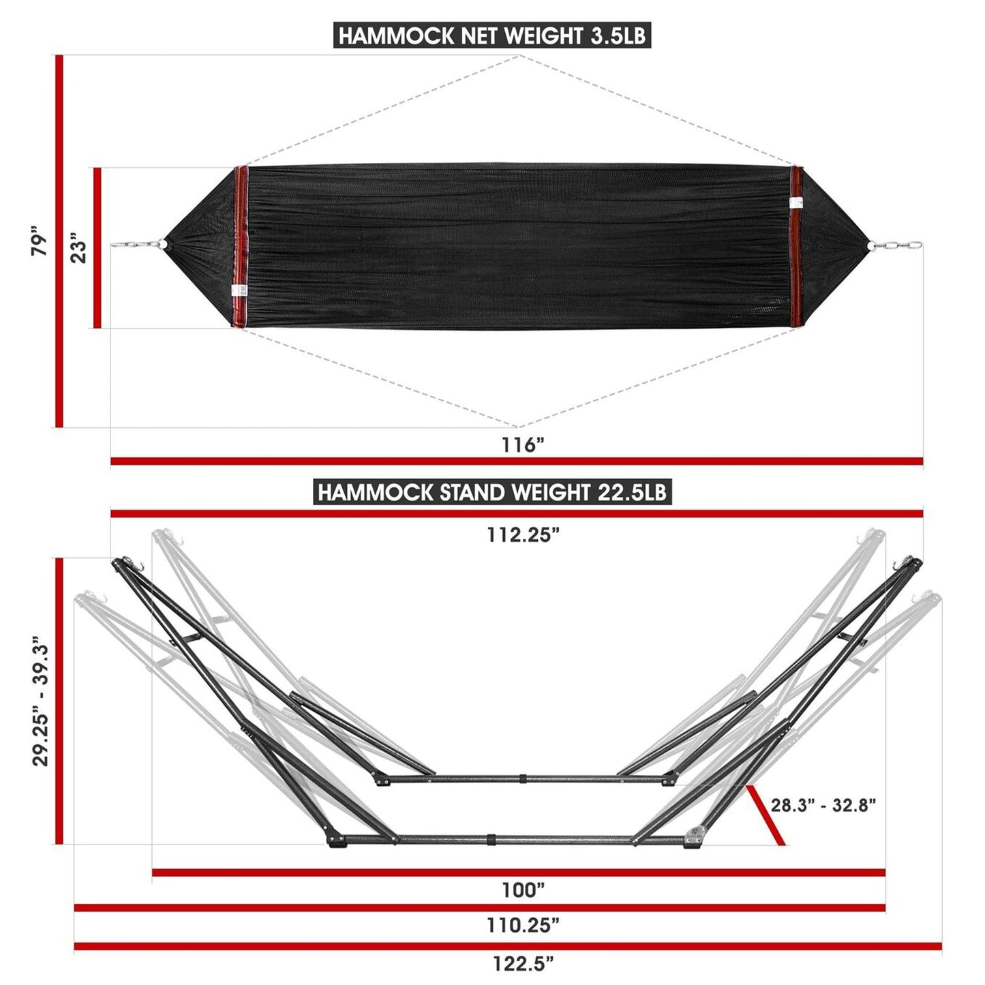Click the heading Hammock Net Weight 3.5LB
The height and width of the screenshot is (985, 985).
point(491,35)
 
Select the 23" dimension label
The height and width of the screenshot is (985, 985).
point(79,249)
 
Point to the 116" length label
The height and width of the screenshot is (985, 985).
point(523,445)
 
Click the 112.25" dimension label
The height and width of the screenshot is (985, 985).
point(523,535)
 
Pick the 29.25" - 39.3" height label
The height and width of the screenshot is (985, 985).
point(40,702)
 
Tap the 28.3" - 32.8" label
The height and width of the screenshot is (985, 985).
point(823,805)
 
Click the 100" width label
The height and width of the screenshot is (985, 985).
point(523,890)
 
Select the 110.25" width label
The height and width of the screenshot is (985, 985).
point(523,925)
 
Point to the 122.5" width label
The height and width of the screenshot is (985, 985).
point(523,963)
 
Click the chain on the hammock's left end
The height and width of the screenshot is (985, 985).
point(134,245)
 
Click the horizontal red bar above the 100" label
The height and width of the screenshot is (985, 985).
point(518,872)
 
